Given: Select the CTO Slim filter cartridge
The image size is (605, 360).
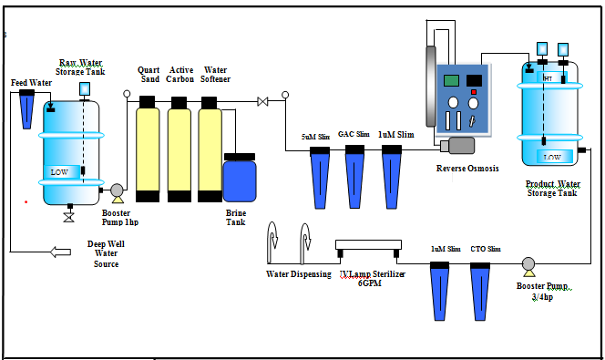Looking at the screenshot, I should (481, 289).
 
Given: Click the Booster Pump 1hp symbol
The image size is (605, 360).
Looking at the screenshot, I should (117, 191).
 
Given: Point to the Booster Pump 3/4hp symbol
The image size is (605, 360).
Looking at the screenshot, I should (528, 264).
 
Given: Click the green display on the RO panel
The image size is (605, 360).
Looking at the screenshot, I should (450, 80).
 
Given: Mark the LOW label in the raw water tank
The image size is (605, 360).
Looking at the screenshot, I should (59, 171).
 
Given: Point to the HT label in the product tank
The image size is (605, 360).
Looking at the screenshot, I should (548, 78).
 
